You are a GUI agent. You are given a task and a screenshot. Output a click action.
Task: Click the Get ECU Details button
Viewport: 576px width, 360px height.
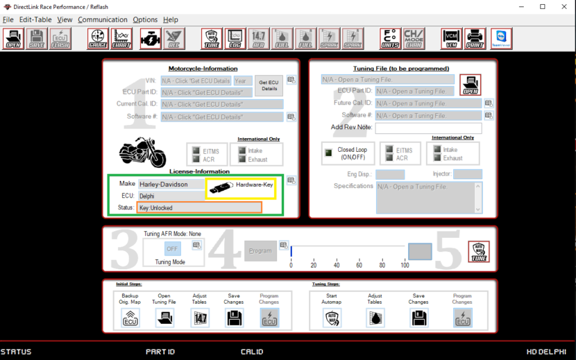pyautogui.click(x=269, y=85)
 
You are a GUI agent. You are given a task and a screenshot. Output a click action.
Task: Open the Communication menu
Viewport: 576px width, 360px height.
pyautogui.click(x=103, y=19)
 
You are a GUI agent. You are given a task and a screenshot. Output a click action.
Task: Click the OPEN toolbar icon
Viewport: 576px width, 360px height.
pyautogui.click(x=13, y=38)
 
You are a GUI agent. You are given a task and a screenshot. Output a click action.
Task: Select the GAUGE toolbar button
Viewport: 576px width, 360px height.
pyautogui.click(x=98, y=38)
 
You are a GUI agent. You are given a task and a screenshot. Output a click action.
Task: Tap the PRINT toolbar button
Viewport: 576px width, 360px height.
pyautogui.click(x=475, y=38)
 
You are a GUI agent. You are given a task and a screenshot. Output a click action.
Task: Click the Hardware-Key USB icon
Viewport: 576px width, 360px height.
pyautogui.click(x=221, y=187)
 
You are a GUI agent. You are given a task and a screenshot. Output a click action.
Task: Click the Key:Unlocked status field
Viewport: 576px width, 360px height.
pyautogui.click(x=199, y=207)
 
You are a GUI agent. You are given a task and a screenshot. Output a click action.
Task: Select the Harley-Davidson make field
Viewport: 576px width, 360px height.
pyautogui.click(x=171, y=185)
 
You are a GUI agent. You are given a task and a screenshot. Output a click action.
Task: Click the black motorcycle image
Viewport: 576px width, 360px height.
pyautogui.click(x=143, y=151)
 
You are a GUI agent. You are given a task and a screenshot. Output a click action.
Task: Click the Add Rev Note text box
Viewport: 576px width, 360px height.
pyautogui.click(x=428, y=128)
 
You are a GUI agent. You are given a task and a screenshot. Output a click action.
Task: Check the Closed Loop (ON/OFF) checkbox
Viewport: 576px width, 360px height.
pyautogui.click(x=329, y=153)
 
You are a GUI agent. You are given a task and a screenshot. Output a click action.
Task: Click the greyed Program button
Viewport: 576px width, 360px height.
pyautogui.click(x=260, y=250)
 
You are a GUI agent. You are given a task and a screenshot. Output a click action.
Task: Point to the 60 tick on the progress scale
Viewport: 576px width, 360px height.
pyautogui.click(x=359, y=266)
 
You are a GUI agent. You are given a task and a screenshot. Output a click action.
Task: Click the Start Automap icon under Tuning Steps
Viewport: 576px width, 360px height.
pyautogui.click(x=332, y=318)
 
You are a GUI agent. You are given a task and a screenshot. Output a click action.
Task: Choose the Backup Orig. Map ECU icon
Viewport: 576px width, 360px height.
pyautogui.click(x=130, y=318)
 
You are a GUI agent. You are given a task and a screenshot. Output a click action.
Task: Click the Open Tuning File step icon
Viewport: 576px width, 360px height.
pyautogui.click(x=164, y=318)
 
